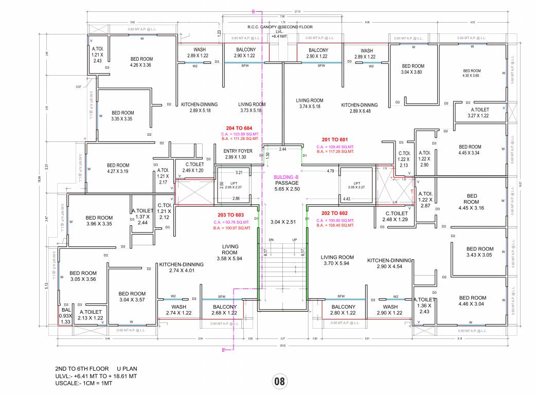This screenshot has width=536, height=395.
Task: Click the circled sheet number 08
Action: (x=279, y=382)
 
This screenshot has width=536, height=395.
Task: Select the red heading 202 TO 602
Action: (x=334, y=213)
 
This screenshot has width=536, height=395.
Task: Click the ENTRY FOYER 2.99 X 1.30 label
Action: (x=235, y=154)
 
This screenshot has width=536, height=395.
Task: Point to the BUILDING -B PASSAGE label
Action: (x=287, y=183)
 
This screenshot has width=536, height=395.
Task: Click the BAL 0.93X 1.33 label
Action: (x=65, y=315)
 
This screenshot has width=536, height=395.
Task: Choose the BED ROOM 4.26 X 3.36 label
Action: (x=141, y=62)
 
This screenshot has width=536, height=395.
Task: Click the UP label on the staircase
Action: (x=294, y=240)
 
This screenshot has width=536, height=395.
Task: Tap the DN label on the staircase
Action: (x=272, y=240)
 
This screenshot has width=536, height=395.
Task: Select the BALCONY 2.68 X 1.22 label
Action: (x=225, y=310)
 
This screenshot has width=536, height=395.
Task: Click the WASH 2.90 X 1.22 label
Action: (x=387, y=310)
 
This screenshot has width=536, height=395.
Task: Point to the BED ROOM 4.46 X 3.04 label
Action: (x=472, y=301)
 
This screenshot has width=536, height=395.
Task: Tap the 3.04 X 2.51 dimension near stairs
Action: (x=283, y=222)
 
